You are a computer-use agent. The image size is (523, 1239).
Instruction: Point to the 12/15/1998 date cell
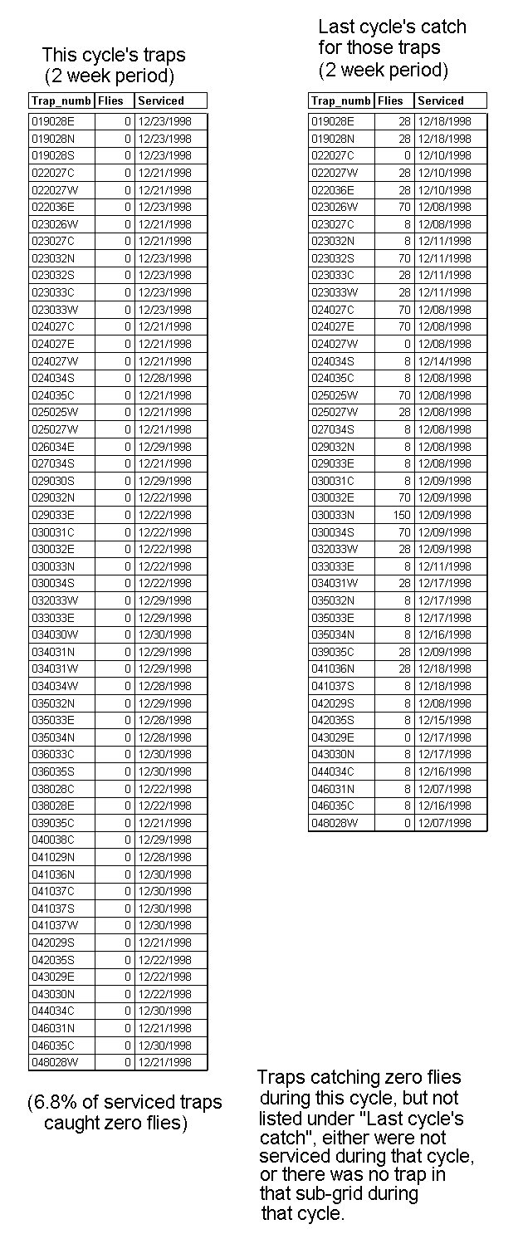click(x=443, y=720)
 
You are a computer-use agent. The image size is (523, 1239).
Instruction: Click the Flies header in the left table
click(x=110, y=101)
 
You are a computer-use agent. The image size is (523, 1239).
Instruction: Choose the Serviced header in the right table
click(x=440, y=101)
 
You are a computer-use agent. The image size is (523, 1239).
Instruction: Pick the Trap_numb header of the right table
click(x=340, y=101)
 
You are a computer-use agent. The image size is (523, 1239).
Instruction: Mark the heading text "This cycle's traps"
click(x=114, y=56)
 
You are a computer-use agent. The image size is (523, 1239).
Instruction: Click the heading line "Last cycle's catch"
click(x=392, y=27)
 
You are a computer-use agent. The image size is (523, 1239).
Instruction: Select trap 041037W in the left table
click(x=54, y=926)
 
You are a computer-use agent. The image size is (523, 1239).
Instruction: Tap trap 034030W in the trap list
click(x=54, y=634)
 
